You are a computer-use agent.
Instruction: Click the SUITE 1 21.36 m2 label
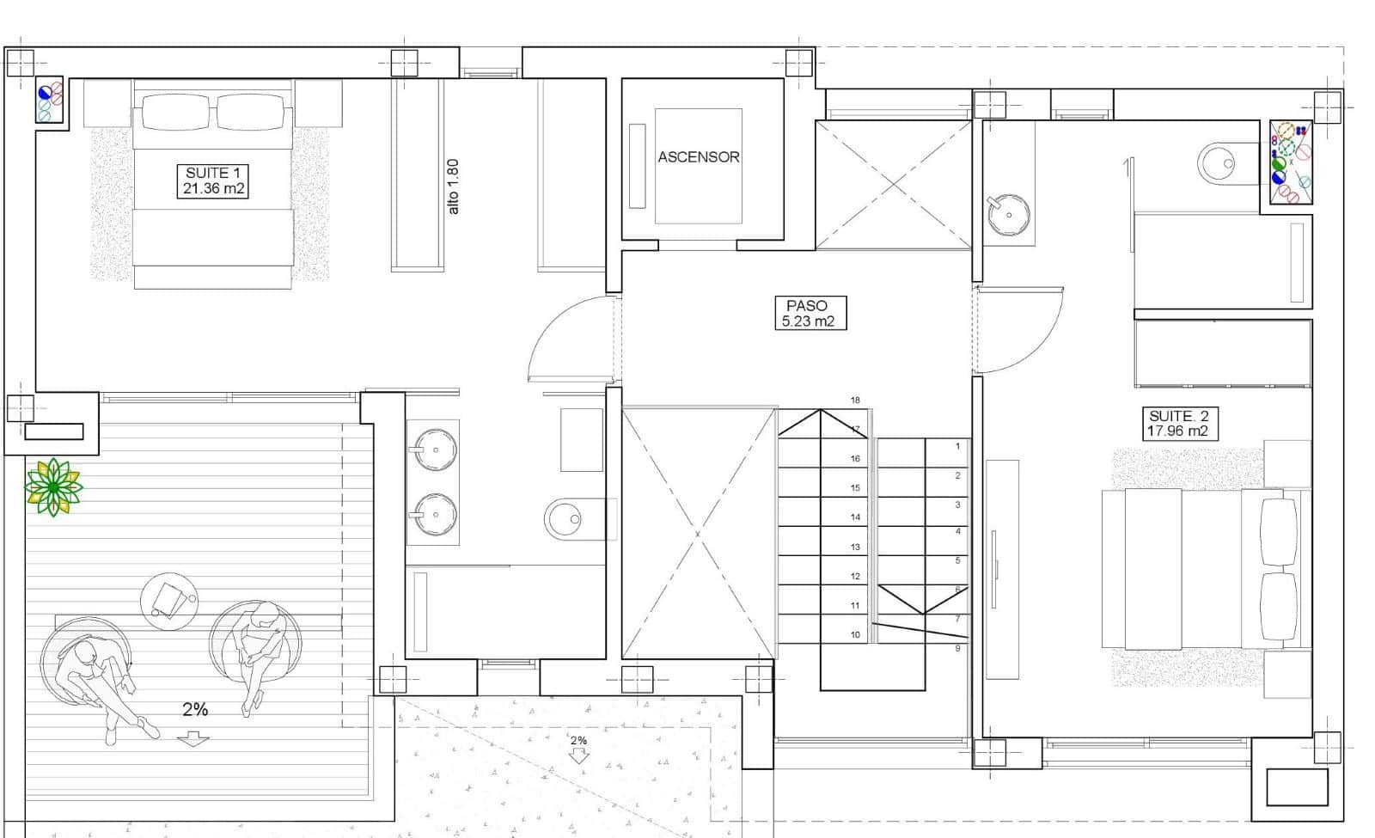pyautogui.click(x=212, y=180)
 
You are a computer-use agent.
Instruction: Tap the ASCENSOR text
pyautogui.click(x=698, y=157)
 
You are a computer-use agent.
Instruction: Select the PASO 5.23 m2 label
pyautogui.click(x=806, y=313)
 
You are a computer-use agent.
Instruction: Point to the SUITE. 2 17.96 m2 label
pyautogui.click(x=1177, y=424)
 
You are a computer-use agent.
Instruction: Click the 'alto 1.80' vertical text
pyautogui.click(x=454, y=187)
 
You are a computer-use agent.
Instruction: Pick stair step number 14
pyautogui.click(x=855, y=517)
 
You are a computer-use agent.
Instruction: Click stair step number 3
pyautogui.click(x=957, y=505)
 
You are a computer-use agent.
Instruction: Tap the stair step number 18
pyautogui.click(x=855, y=401)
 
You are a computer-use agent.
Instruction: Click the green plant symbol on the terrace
pyautogui.click(x=53, y=487)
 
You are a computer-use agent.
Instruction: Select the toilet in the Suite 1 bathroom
pyautogui.click(x=568, y=519)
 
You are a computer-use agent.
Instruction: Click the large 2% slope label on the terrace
pyautogui.click(x=195, y=710)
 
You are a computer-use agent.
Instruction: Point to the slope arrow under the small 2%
pyautogui.click(x=579, y=756)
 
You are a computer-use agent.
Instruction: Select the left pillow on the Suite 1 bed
pyautogui.click(x=175, y=112)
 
